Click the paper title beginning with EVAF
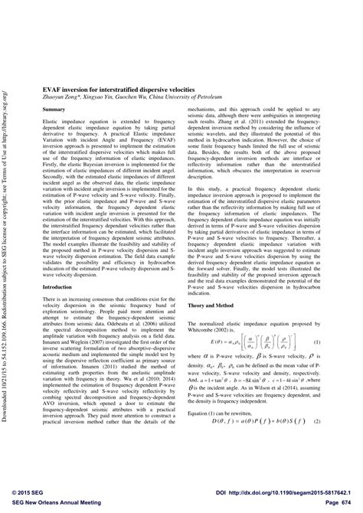(x=107, y=89)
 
